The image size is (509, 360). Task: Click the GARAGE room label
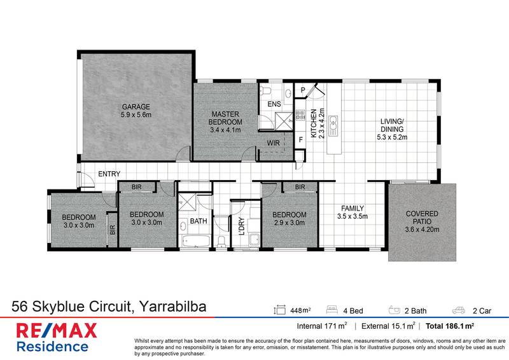(x=136, y=106)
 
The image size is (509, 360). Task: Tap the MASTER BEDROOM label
(x=227, y=118)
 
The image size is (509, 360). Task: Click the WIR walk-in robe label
(x=274, y=143)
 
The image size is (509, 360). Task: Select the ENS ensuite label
(x=274, y=103)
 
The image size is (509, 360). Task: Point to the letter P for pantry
(x=303, y=91)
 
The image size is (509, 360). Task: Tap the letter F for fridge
(x=300, y=139)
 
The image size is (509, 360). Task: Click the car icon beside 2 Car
(x=457, y=311)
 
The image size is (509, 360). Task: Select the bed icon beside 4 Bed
(x=332, y=311)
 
